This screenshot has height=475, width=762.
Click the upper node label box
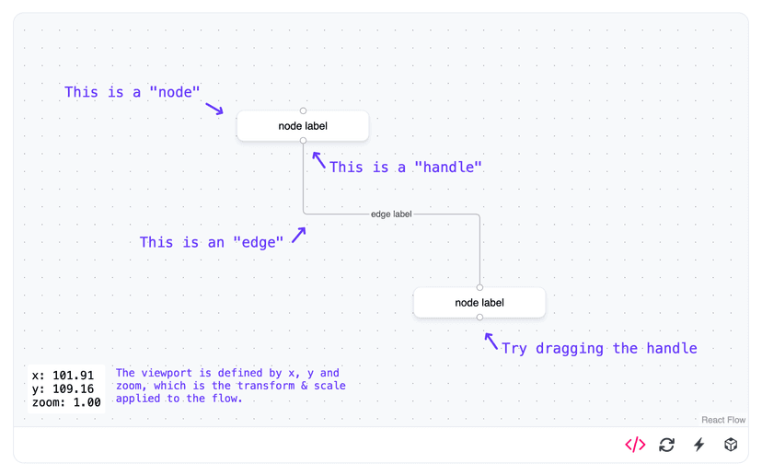pos(303,126)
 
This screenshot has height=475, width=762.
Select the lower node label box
pos(479,303)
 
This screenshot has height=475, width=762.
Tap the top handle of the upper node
pos(303,110)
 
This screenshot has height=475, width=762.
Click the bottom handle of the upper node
pos(303,141)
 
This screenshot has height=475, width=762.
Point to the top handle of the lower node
pos(479,287)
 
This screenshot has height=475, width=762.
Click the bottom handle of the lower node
pos(479,318)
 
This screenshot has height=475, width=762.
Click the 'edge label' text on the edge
pos(391,214)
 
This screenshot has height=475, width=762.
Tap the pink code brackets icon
pos(635,445)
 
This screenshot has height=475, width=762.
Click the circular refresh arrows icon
pos(667,445)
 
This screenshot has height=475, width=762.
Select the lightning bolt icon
pos(698,445)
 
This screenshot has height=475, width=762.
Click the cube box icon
pos(731,445)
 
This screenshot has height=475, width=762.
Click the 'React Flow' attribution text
pos(723,420)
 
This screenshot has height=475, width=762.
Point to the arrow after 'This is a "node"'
pos(214,109)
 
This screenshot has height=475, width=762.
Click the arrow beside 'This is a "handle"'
pos(318,161)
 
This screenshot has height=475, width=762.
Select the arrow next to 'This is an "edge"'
pos(298,236)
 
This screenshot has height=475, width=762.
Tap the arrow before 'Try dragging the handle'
pos(491,342)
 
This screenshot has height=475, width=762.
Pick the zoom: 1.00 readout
pos(66,402)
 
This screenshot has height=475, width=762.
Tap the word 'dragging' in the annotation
pos(570,348)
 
